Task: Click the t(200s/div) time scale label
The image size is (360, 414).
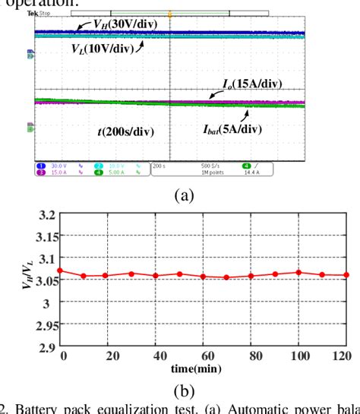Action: click(125, 131)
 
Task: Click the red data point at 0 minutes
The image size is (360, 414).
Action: click(62, 270)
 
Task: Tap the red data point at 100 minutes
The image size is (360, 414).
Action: click(298, 272)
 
